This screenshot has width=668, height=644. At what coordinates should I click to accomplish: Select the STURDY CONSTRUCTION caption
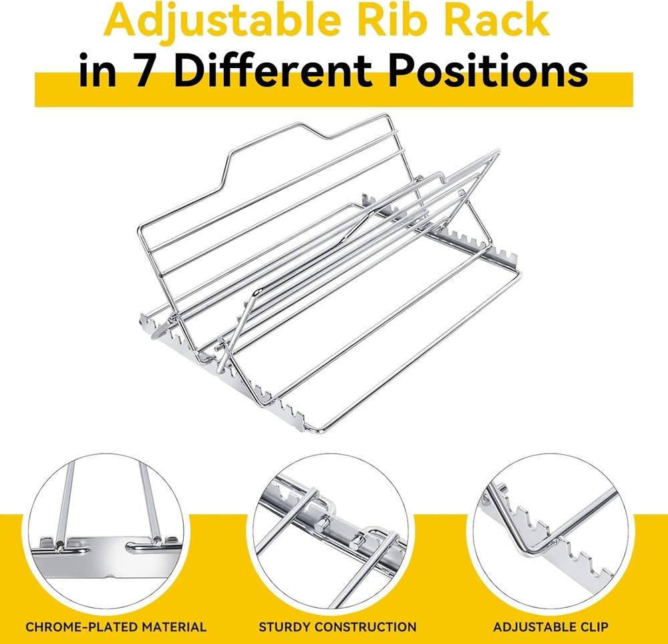[x=337, y=627]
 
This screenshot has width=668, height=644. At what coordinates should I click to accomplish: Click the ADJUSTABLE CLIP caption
[x=550, y=627]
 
